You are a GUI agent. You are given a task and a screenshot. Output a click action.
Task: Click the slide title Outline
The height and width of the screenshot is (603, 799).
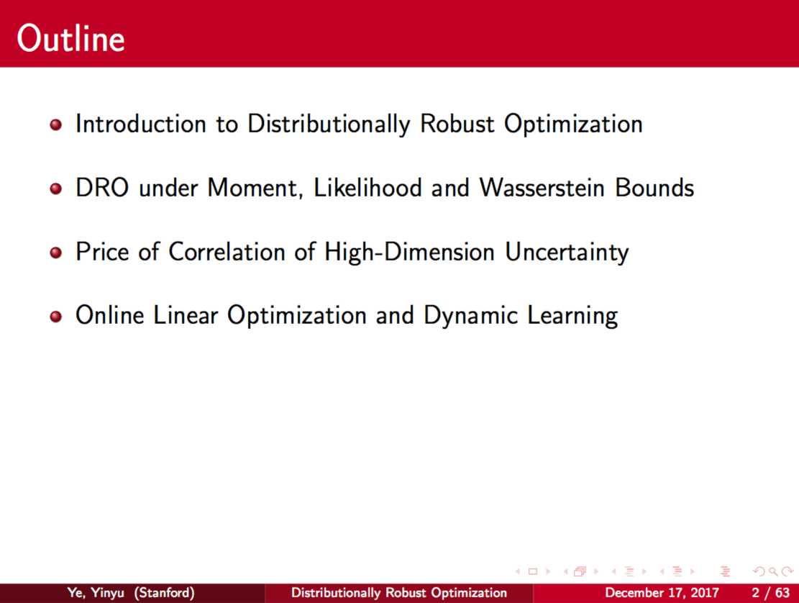coord(70,38)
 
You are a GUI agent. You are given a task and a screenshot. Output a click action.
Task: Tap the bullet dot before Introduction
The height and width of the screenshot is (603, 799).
coord(56,125)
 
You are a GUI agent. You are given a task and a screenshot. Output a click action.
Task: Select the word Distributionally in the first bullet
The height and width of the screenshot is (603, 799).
coord(329,124)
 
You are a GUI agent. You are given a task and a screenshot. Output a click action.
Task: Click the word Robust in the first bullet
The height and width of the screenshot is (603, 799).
coord(457,124)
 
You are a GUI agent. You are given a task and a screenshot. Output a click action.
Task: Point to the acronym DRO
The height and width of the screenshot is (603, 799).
coord(102,188)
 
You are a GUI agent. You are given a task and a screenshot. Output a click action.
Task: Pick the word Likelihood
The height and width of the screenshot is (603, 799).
coord(367,188)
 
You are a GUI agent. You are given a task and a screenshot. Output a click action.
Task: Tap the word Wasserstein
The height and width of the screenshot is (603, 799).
coord(542,188)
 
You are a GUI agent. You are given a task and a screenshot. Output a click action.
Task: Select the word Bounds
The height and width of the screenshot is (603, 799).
coord(654,188)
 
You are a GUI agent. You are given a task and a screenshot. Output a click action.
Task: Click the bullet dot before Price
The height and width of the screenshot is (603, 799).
coord(56,253)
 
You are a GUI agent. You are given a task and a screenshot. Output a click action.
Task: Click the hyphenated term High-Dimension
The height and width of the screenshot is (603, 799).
coord(409,253)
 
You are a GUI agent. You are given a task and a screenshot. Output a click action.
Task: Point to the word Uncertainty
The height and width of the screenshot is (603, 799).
coord(567,253)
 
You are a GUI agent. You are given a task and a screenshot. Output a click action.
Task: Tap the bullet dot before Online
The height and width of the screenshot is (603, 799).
coord(56,316)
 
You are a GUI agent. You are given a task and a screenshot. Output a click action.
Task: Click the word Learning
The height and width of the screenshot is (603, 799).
coord(572,316)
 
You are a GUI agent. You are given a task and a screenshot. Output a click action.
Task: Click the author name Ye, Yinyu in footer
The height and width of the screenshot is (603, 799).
coord(96,593)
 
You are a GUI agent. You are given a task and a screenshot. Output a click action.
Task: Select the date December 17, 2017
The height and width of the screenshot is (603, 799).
coord(662,593)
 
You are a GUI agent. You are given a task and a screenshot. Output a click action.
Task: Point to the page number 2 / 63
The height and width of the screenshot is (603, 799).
coord(770,593)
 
